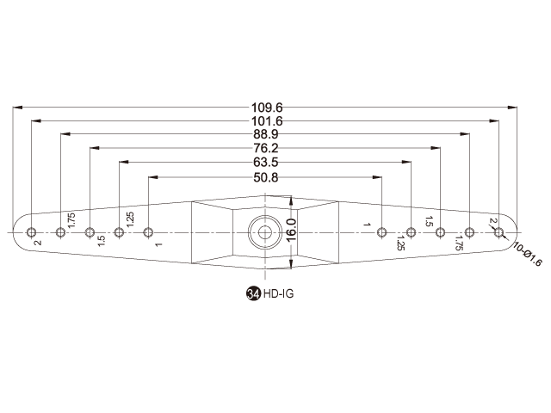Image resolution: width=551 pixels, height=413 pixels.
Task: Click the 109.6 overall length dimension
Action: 267,108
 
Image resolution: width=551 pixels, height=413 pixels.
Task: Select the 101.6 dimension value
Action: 267,121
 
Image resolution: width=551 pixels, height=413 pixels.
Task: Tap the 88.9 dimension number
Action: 266,134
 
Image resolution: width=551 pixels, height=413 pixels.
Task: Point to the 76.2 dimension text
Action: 266,148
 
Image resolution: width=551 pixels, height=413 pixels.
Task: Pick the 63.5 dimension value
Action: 266,163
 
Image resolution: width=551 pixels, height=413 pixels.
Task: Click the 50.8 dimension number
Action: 266,178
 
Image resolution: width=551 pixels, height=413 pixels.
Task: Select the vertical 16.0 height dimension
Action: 291,230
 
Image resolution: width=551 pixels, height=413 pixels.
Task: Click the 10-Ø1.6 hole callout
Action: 528,254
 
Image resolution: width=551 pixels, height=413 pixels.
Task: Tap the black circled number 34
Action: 253,293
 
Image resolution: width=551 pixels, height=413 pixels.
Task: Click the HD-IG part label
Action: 278,293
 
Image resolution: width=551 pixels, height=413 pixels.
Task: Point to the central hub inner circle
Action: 265,232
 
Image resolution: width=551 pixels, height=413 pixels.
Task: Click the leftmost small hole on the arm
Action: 31,232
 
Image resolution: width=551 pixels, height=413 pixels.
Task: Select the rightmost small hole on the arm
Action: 498,232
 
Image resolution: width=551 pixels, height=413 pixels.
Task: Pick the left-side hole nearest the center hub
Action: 148,232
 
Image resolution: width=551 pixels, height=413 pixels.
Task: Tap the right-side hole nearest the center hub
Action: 381,232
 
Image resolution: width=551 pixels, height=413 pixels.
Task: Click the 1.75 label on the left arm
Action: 71,220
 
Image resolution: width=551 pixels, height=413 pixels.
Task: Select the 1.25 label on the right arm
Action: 400,243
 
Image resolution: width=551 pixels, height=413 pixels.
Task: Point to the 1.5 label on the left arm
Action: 102,241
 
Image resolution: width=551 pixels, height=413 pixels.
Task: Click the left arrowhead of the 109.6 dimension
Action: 17,107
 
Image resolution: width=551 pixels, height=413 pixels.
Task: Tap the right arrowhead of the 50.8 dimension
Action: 377,177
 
